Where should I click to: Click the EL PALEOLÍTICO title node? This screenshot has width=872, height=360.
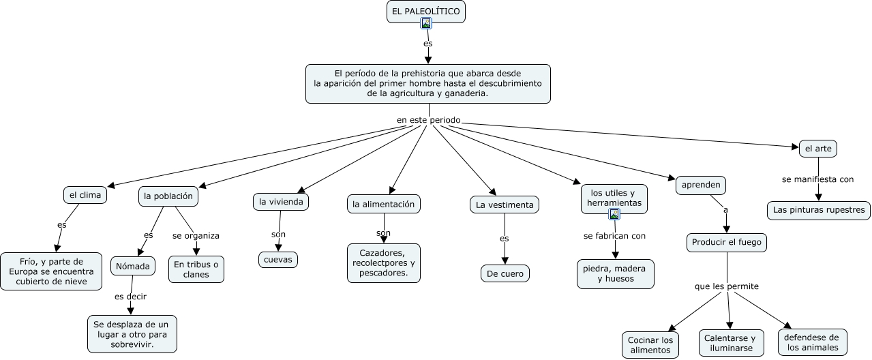pyautogui.click(x=426, y=12)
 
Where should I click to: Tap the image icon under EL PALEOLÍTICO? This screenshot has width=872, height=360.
pyautogui.click(x=426, y=23)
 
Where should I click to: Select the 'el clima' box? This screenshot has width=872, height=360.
pyautogui.click(x=85, y=195)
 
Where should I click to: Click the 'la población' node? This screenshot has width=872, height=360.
pyautogui.click(x=168, y=196)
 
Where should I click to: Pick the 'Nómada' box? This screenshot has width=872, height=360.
pyautogui.click(x=133, y=266)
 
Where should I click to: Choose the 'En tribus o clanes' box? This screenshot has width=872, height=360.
pyautogui.click(x=196, y=269)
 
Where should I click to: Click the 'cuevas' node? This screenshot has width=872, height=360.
pyautogui.click(x=278, y=260)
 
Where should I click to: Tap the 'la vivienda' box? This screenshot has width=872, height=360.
pyautogui.click(x=281, y=202)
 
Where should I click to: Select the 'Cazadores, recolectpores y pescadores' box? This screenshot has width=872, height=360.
pyautogui.click(x=384, y=263)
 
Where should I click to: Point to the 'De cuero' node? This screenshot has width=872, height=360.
pyautogui.click(x=505, y=273)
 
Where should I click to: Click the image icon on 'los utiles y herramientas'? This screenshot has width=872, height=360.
pyautogui.click(x=614, y=214)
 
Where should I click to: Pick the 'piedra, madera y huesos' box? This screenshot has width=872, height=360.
pyautogui.click(x=616, y=274)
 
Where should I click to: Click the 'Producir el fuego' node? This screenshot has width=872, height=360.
pyautogui.click(x=727, y=243)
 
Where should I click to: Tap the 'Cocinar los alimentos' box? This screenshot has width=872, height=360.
pyautogui.click(x=650, y=345)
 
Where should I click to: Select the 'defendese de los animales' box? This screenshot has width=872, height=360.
pyautogui.click(x=813, y=342)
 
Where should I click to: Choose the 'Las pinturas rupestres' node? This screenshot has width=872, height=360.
pyautogui.click(x=819, y=210)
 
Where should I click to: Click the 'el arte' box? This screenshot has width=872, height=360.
pyautogui.click(x=818, y=149)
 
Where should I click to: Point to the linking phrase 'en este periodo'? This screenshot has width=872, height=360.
pyautogui.click(x=429, y=120)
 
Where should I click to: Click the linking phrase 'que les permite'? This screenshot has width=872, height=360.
pyautogui.click(x=727, y=286)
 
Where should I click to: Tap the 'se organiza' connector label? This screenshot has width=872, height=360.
pyautogui.click(x=196, y=236)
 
